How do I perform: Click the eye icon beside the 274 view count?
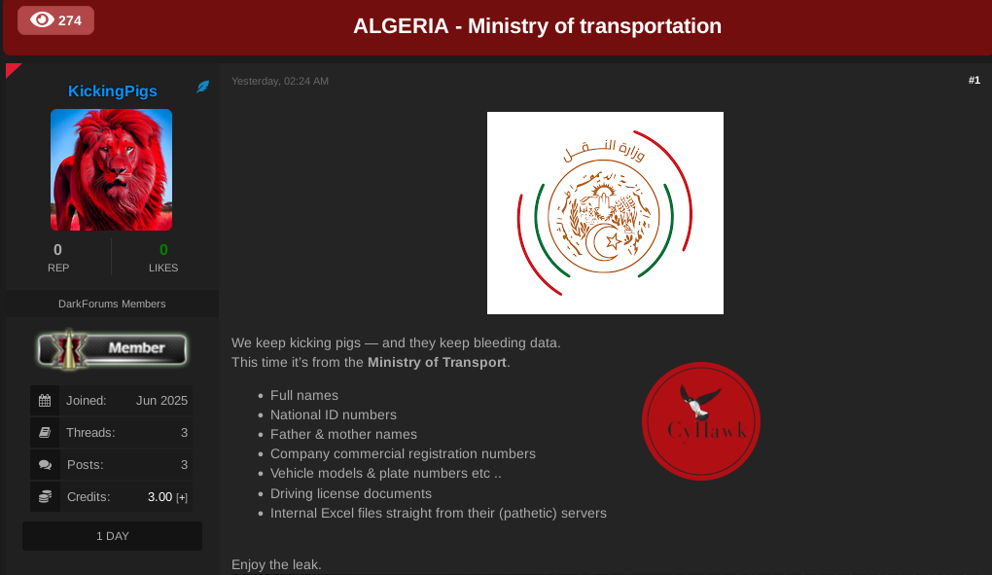(x=43, y=19)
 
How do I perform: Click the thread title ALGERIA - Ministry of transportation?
(x=537, y=25)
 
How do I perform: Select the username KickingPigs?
(x=113, y=90)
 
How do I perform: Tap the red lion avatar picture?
(x=111, y=169)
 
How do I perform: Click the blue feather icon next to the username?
(x=203, y=87)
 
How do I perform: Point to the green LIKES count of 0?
(x=163, y=250)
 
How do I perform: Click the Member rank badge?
(x=112, y=348)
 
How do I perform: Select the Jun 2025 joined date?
(x=162, y=401)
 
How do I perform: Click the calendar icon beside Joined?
(x=45, y=401)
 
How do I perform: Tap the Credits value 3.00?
(x=159, y=497)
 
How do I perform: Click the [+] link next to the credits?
(x=182, y=497)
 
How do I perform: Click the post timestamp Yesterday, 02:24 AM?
(x=280, y=81)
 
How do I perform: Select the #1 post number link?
(x=974, y=81)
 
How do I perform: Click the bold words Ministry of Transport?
(x=438, y=363)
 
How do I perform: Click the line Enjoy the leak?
(x=276, y=564)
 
